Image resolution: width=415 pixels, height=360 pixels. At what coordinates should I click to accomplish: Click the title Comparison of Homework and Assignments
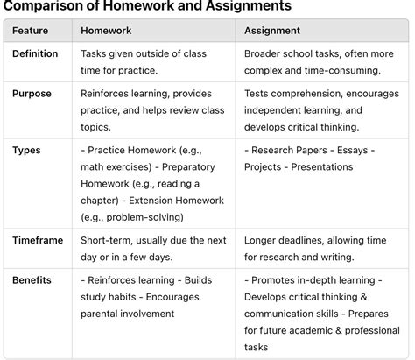148,6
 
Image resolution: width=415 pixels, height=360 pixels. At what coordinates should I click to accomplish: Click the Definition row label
35,54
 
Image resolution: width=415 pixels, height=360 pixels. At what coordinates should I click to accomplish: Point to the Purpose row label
32,94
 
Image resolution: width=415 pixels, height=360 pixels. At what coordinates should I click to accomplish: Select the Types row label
26,150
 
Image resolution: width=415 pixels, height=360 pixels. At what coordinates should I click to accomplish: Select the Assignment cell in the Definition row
319,61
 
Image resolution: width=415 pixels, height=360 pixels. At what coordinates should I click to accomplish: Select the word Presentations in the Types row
323,166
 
